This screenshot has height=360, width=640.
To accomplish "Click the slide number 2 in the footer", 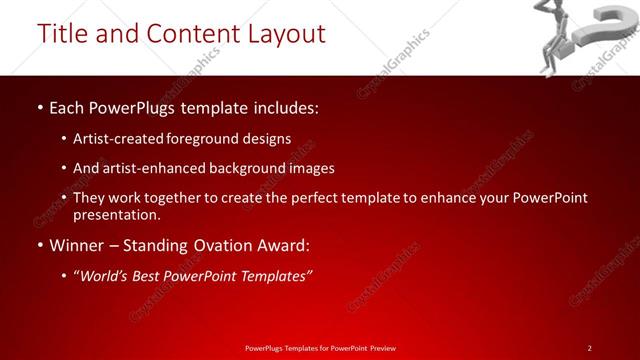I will (590, 348).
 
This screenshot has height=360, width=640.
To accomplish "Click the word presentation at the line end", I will (116, 214).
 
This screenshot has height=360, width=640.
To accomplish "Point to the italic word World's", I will (107, 276).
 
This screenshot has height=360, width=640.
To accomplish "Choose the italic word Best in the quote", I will (153, 276).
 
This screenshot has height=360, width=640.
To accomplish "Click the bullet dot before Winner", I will (39, 246).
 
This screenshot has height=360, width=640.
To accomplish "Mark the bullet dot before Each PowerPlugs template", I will (39, 106).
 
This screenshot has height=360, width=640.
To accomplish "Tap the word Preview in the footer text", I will (382, 348).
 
